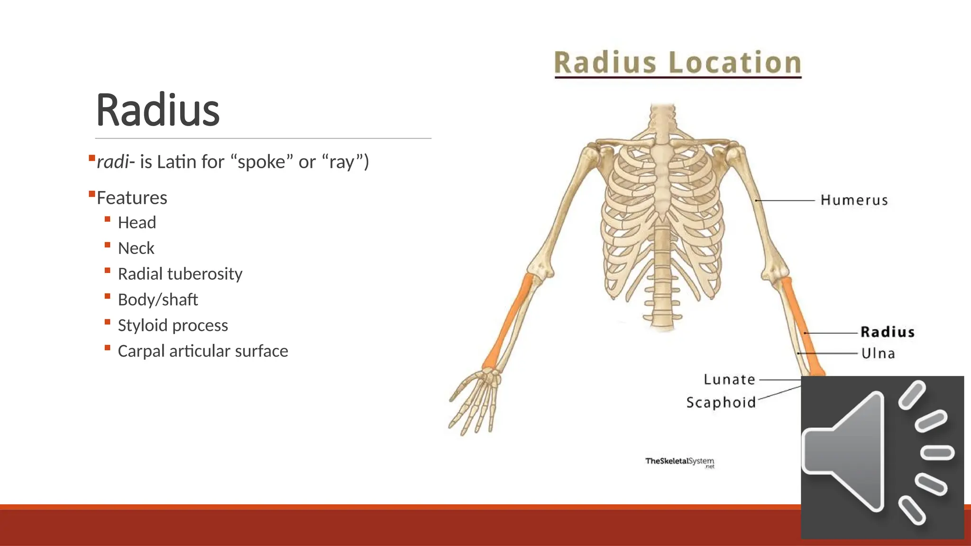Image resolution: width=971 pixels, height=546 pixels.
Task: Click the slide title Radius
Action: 157,110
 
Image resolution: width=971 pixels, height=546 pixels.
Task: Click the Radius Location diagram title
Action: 678,63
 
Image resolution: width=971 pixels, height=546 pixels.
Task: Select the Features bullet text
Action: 132,198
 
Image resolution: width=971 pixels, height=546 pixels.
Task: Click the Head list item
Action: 137,222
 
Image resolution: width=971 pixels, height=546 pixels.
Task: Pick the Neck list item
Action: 136,248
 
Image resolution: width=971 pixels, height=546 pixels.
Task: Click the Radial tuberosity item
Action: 180,273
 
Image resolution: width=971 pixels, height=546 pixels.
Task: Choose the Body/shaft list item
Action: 157,300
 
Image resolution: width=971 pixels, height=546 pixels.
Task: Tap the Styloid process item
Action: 173,325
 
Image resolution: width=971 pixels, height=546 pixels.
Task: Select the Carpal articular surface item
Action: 202,351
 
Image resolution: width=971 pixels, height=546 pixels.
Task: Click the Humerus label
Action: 854,200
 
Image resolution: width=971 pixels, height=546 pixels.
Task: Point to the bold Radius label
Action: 887,332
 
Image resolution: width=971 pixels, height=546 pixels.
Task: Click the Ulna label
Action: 878,353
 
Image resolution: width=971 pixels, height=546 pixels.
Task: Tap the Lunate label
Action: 729,379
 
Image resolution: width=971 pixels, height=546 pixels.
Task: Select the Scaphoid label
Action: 721,402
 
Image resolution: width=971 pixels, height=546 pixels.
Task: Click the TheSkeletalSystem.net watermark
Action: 679,462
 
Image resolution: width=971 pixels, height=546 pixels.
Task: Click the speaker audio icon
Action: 882,457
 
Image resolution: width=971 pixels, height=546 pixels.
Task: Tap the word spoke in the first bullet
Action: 261,162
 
